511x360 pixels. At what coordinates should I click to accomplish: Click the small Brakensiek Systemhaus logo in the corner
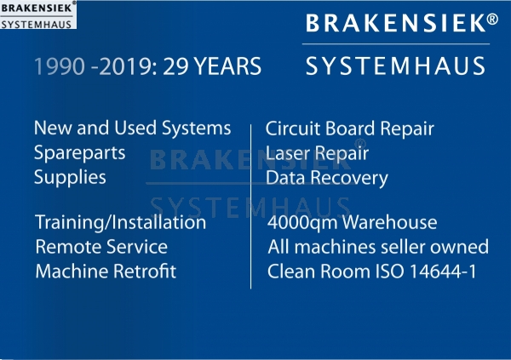38,14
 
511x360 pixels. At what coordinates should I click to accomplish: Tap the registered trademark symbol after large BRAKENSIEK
492,19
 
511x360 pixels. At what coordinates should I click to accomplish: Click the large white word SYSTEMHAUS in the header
396,66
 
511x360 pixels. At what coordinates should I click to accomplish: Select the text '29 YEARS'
212,66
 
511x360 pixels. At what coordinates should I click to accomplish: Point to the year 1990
60,66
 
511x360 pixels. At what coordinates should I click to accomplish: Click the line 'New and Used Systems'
132,128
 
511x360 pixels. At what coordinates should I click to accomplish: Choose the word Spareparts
79,152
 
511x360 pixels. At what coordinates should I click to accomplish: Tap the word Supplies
70,177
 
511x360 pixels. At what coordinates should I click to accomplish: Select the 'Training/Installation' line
121,222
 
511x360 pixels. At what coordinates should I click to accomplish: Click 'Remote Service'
101,247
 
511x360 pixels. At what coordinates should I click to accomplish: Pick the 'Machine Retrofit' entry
106,271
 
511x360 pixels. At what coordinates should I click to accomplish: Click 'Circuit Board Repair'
350,128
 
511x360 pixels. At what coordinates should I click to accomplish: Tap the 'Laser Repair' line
317,153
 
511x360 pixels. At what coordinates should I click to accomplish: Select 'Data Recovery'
327,178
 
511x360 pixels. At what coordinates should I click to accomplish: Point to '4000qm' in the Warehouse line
302,223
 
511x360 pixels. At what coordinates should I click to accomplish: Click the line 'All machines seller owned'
378,247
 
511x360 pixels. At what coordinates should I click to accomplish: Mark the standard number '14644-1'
443,271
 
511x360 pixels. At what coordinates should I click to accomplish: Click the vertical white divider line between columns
250,207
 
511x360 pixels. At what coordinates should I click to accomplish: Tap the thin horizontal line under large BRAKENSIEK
396,43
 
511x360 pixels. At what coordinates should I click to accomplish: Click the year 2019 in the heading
125,66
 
